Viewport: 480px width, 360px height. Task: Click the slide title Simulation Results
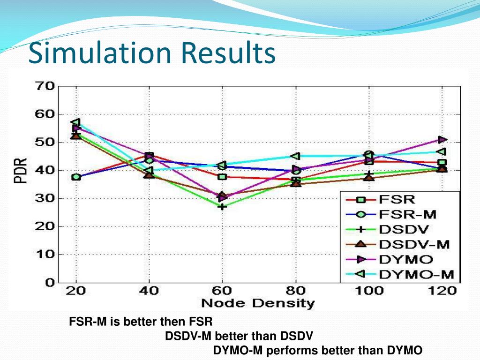(151, 53)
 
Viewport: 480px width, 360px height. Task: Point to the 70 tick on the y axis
(45, 86)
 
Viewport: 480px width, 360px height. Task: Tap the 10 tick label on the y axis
(45, 255)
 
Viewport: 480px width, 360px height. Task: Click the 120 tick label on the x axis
(442, 291)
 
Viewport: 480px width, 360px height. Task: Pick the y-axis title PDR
(21, 171)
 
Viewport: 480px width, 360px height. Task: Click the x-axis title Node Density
(258, 303)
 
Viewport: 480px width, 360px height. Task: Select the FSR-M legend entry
(406, 215)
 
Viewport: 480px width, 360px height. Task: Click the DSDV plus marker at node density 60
(222, 206)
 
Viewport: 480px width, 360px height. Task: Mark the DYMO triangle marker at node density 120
(442, 140)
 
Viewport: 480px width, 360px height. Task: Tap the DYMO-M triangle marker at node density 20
(75, 122)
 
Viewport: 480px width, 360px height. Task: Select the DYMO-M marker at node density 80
(296, 156)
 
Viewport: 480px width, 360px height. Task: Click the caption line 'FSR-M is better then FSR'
(141, 322)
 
